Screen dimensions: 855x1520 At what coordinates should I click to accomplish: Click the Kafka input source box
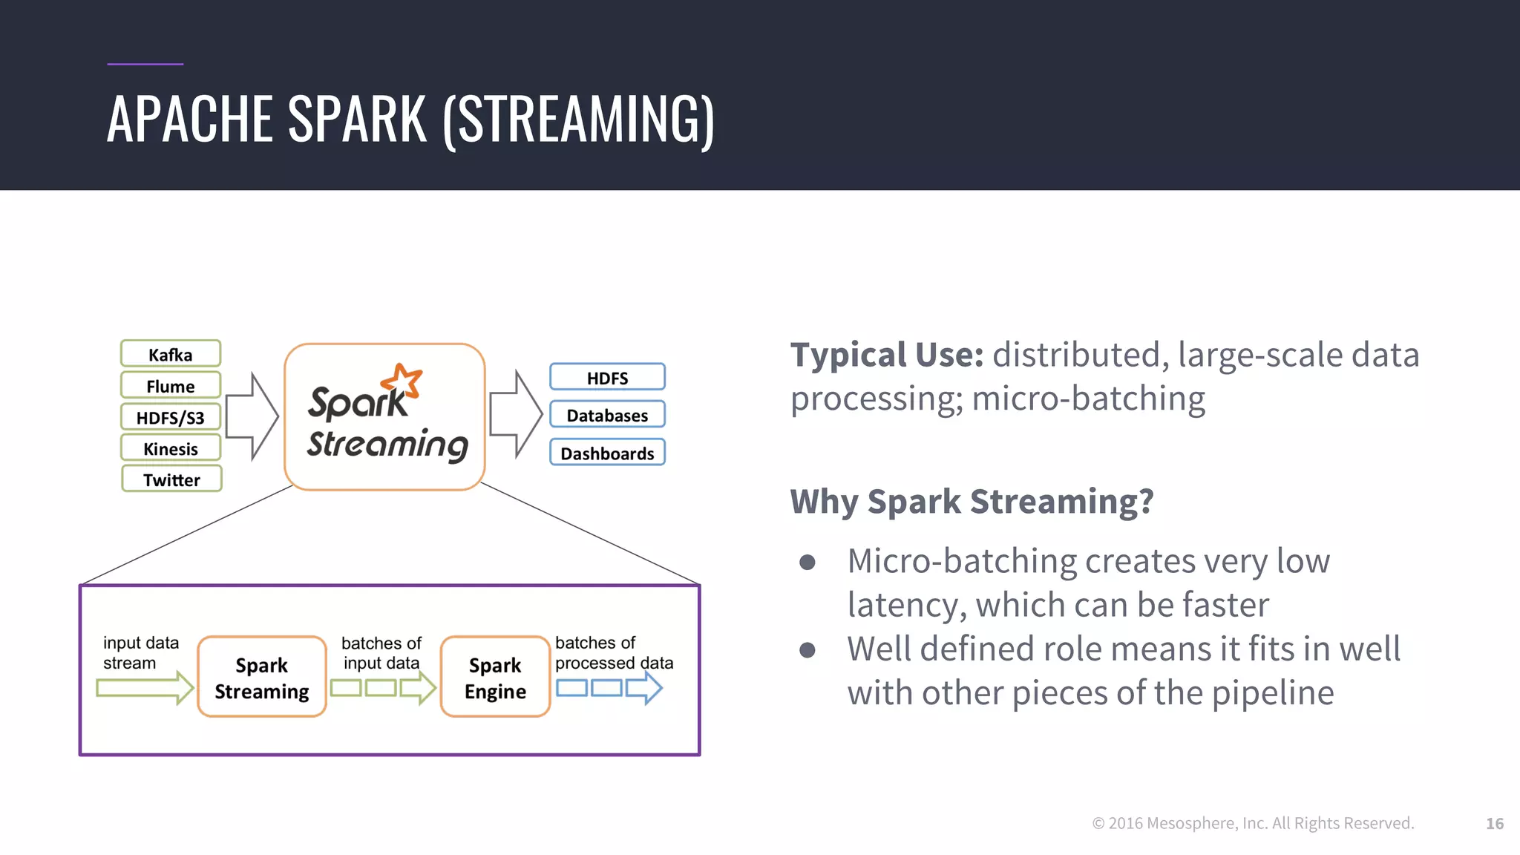171,354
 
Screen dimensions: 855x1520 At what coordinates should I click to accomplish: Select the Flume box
171,386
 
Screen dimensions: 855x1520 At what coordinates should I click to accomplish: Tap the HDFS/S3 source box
171,417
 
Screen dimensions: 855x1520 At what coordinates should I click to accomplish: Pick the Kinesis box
171,448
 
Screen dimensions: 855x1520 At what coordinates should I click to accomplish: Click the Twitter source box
171,479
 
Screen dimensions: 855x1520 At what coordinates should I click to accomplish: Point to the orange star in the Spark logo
402,381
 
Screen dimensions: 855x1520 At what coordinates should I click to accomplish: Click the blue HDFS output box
607,377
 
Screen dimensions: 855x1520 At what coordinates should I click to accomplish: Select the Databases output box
607,415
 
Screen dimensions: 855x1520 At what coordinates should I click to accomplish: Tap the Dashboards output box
607,453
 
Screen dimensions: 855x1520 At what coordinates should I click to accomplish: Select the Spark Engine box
495,677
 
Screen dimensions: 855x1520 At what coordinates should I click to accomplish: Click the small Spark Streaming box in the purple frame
262,677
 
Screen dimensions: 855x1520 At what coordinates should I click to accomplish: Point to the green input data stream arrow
145,688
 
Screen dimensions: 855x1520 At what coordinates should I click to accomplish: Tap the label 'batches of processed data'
613,652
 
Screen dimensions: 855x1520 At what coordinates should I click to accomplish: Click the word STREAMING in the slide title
579,119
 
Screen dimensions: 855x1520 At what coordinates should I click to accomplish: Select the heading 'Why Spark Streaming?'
972,501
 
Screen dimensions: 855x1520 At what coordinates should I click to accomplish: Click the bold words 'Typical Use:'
886,355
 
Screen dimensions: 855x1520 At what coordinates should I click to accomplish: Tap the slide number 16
1494,823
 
